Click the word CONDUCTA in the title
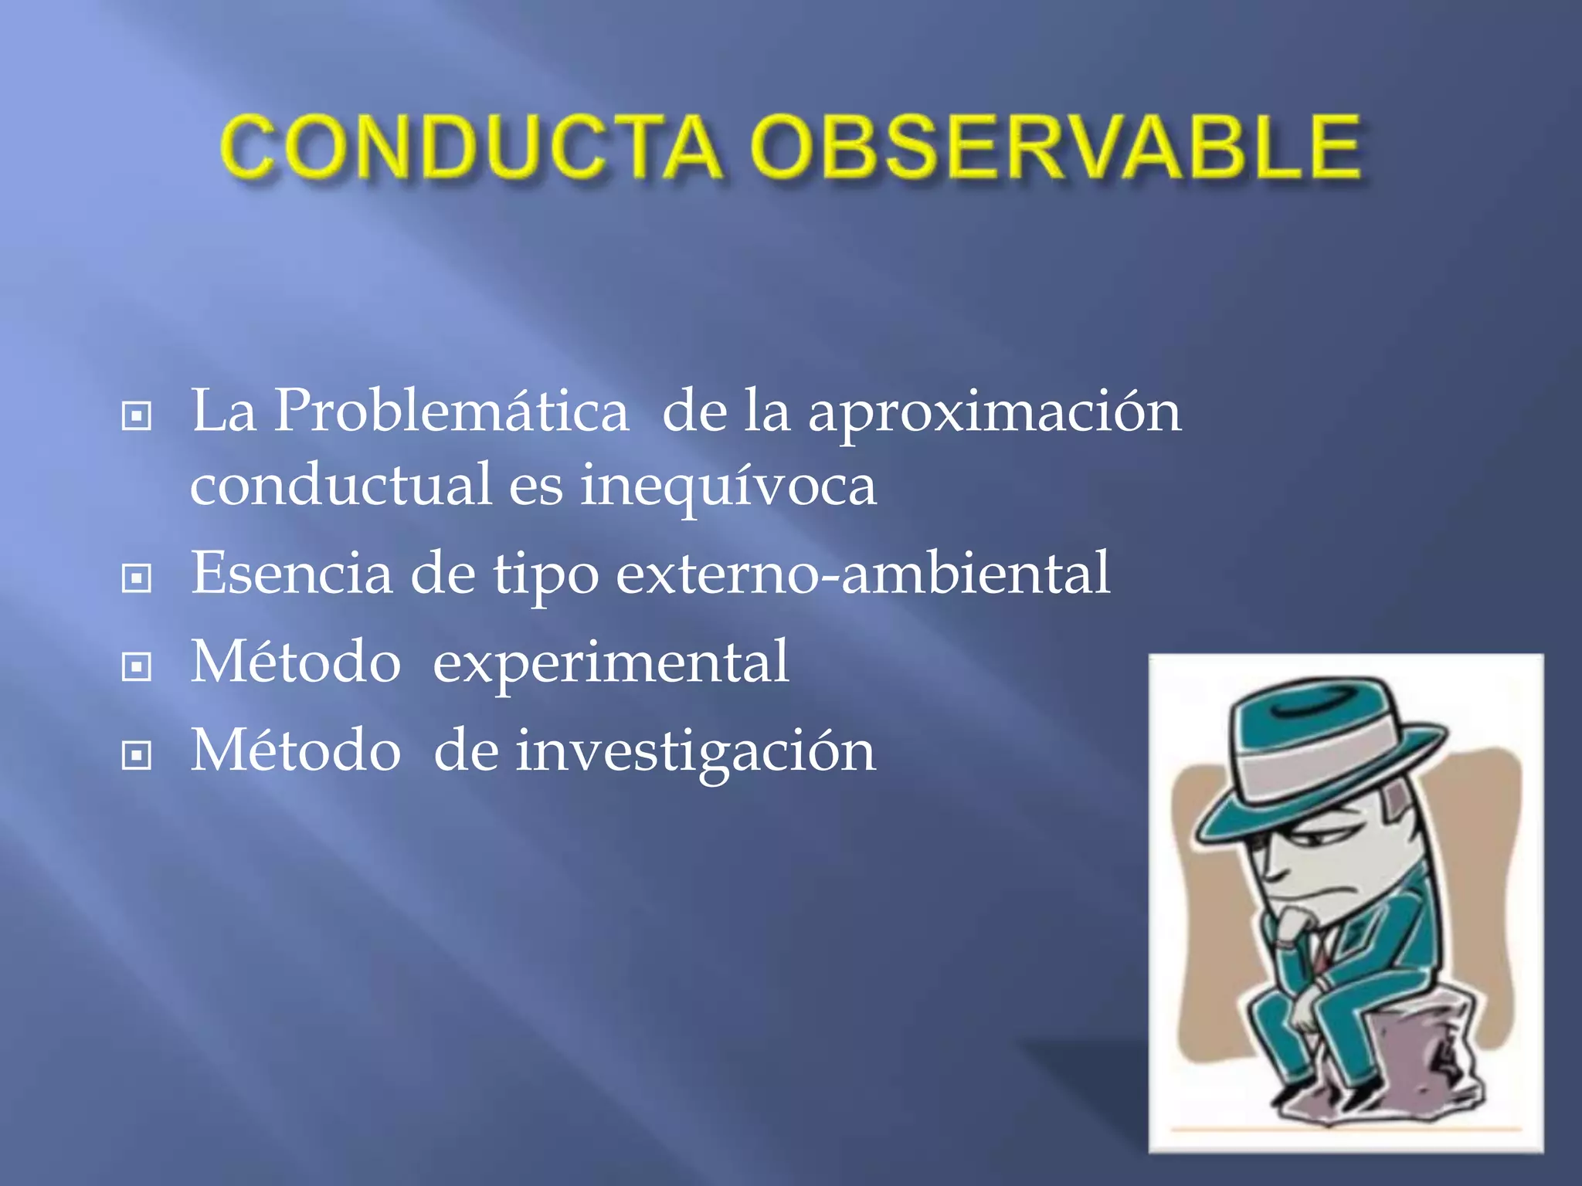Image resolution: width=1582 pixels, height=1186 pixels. pyautogui.click(x=471, y=147)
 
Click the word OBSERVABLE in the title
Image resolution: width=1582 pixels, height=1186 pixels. pyautogui.click(x=1055, y=147)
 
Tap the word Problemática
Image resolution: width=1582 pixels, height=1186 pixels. pyautogui.click(x=451, y=411)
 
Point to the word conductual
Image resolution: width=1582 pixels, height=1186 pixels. pyautogui.click(x=341, y=485)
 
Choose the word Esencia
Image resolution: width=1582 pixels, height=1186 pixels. pyautogui.click(x=291, y=573)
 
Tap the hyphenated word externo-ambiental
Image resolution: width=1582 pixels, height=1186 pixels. pyautogui.click(x=863, y=574)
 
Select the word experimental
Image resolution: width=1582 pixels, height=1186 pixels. pyautogui.click(x=610, y=662)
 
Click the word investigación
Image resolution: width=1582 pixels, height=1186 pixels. pyautogui.click(x=695, y=752)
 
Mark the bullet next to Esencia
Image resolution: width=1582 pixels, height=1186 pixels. pyautogui.click(x=137, y=578)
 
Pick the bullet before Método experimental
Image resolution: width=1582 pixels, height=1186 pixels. pyautogui.click(x=137, y=666)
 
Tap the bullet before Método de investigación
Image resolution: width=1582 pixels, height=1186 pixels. pyautogui.click(x=137, y=755)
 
